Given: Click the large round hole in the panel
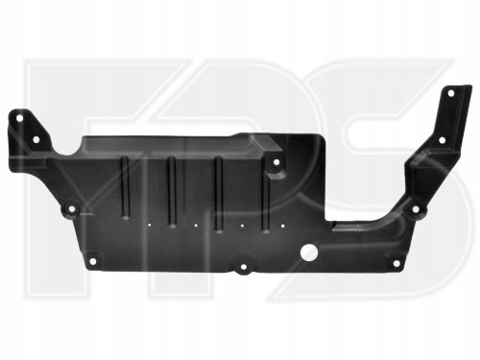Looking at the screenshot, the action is tap(309, 252).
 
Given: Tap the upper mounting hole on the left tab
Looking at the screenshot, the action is tap(19, 118).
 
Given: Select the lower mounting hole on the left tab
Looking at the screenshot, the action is tap(36, 139).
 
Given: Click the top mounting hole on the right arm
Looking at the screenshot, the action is tap(450, 93).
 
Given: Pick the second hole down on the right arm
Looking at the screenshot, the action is tap(442, 140).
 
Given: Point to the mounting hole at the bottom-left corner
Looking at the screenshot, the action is tap(92, 261).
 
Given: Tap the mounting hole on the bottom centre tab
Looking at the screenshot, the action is tap(244, 267).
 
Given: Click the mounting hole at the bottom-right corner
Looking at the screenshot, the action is tap(396, 263).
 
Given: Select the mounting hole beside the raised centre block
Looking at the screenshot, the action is tap(276, 162).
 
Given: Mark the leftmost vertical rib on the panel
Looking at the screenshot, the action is tap(125, 188).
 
